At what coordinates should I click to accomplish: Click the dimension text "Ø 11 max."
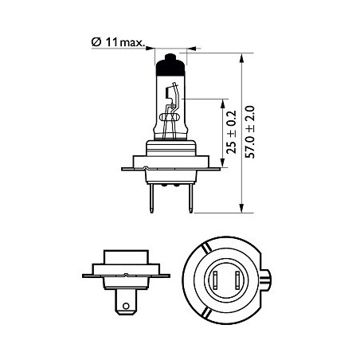[118, 42]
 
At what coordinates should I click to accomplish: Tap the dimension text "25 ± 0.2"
[231, 132]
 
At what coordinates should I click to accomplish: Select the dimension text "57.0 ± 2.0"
[250, 132]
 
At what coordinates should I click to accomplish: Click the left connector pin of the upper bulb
[151, 198]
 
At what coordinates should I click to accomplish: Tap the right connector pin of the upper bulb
[190, 198]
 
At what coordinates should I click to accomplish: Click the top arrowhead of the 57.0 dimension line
[241, 58]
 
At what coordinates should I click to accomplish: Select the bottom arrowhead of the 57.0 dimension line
[241, 208]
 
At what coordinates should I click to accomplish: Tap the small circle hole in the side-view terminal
[126, 306]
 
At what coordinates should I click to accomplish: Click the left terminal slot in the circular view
[216, 280]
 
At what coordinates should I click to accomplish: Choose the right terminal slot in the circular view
[237, 280]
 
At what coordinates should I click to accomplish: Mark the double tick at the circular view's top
[206, 248]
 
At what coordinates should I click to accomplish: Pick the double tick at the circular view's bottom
[206, 313]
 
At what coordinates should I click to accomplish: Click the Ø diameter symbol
[96, 42]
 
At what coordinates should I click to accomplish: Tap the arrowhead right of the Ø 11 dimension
[192, 49]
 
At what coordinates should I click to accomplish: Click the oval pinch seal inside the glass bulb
[170, 117]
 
